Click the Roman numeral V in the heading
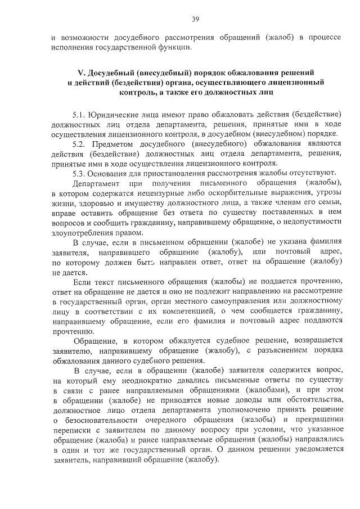pyautogui.click(x=79, y=74)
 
